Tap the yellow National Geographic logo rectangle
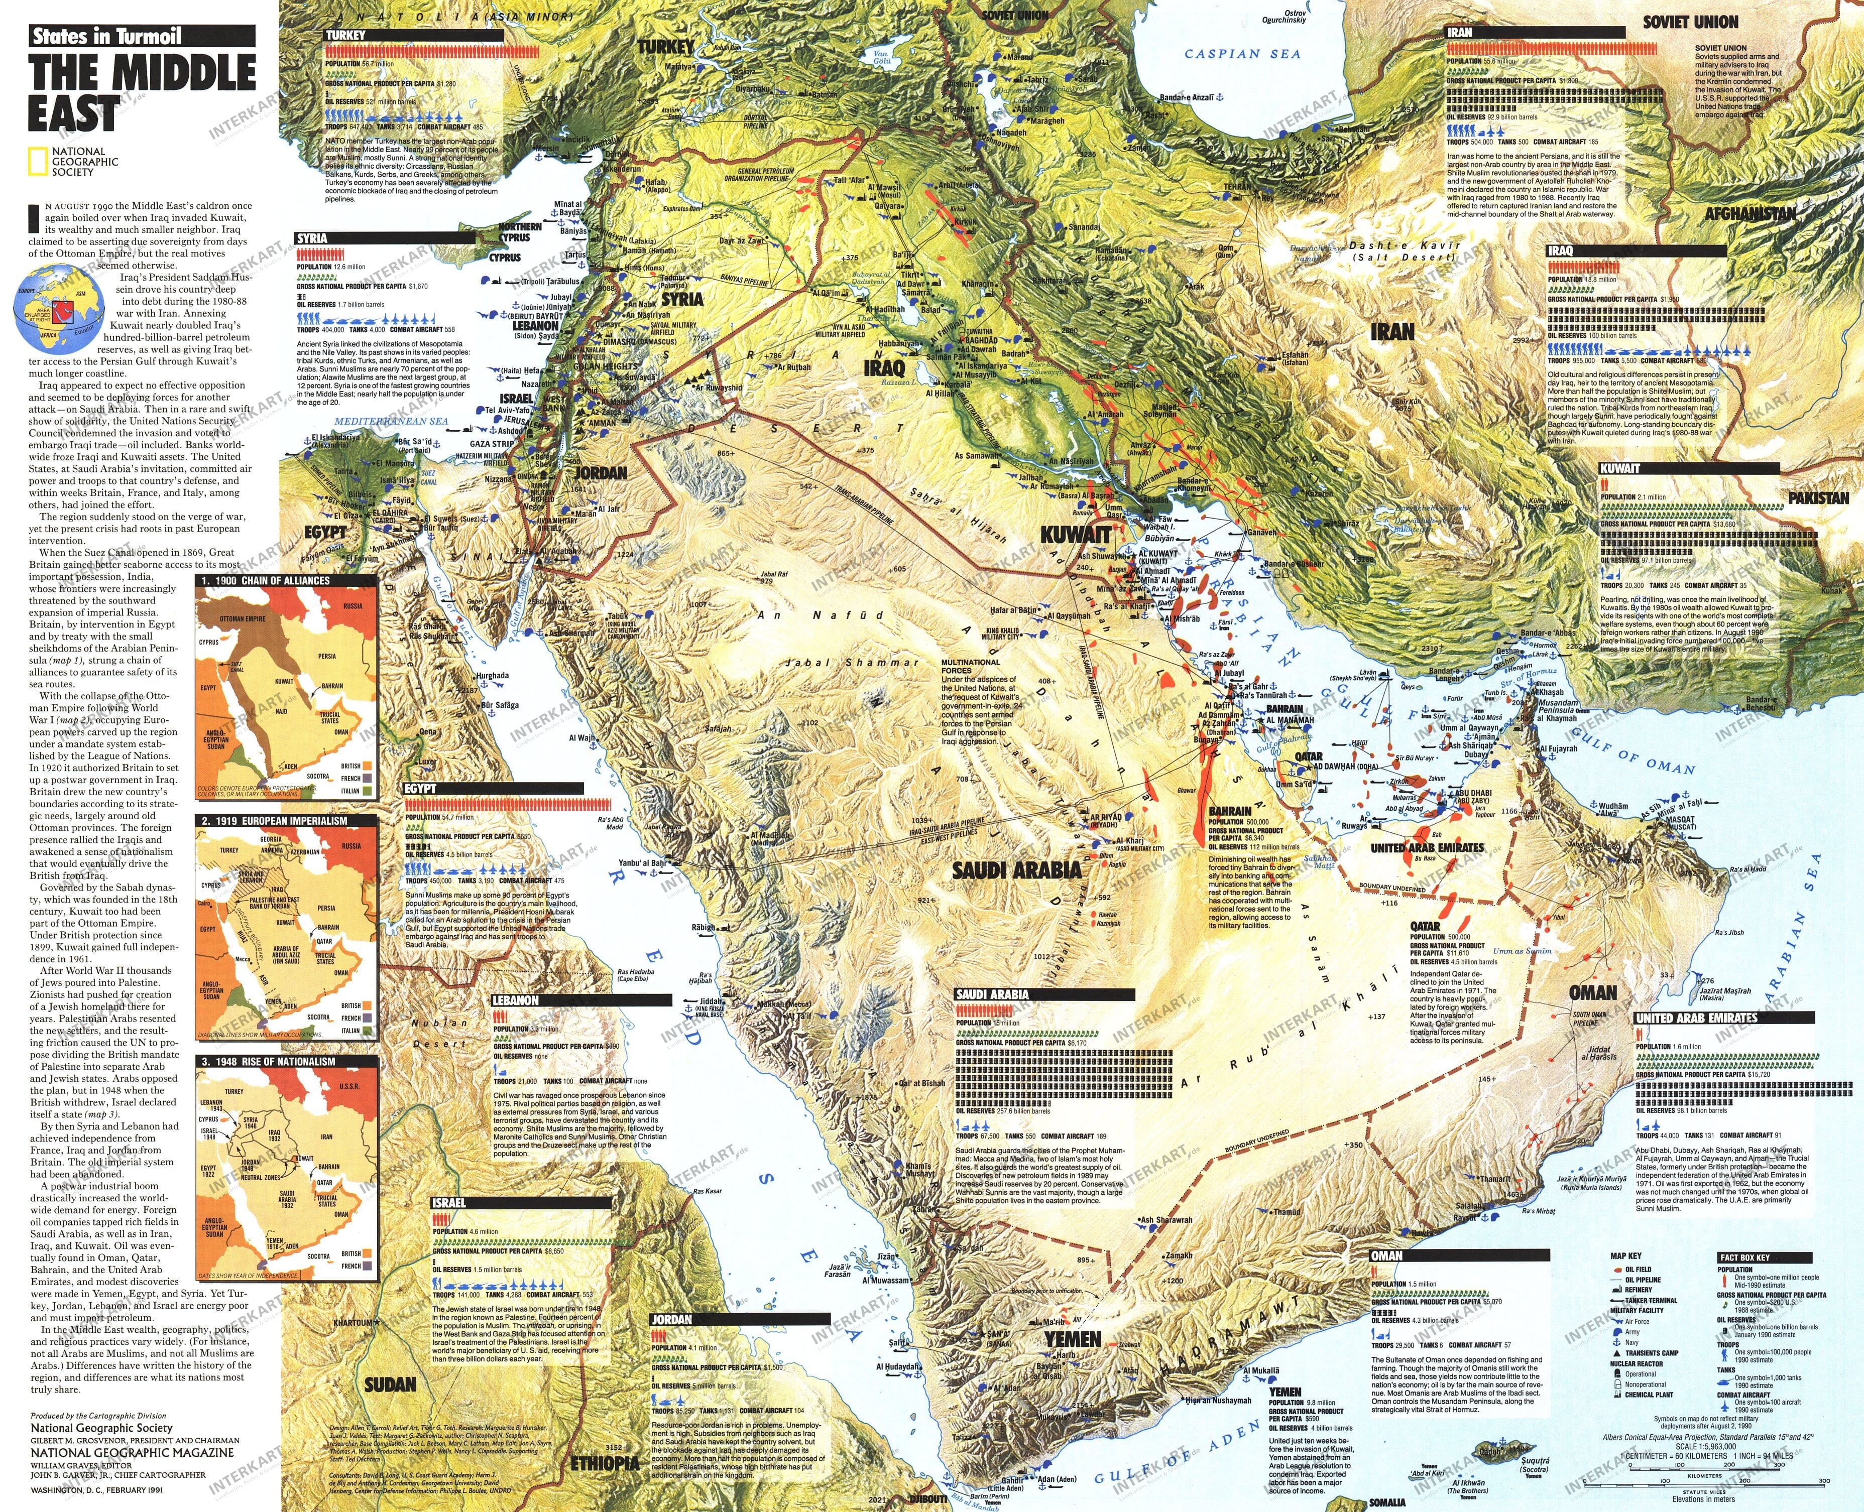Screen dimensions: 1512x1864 (38, 162)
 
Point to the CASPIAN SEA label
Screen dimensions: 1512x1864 (1242, 54)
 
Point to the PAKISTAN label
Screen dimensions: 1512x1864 (1819, 498)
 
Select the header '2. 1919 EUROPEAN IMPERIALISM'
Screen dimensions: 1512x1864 (274, 820)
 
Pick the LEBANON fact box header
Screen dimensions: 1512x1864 (516, 1000)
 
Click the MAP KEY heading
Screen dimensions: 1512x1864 (1625, 1256)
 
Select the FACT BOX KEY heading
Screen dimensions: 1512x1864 (1744, 1257)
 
